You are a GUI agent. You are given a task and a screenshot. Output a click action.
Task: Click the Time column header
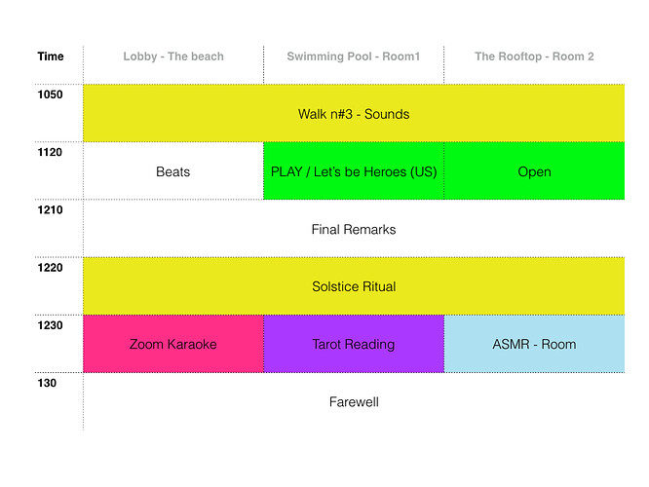pyautogui.click(x=51, y=56)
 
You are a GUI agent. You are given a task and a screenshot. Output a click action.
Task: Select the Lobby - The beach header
pyautogui.click(x=173, y=56)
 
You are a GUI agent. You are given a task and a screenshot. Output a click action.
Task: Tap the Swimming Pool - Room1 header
pyautogui.click(x=354, y=56)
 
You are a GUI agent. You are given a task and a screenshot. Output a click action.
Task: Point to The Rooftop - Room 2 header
pyautogui.click(x=534, y=56)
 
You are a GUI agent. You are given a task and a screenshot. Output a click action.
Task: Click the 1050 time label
pyautogui.click(x=50, y=94)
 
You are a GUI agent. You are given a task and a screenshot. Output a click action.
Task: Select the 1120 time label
pyautogui.click(x=50, y=152)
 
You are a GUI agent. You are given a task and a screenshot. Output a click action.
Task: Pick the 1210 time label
pyautogui.click(x=50, y=209)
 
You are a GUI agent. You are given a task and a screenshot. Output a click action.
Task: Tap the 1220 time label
pyautogui.click(x=50, y=268)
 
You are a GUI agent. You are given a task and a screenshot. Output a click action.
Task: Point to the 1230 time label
pyautogui.click(x=50, y=325)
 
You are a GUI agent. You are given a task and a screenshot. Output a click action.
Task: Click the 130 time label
pyautogui.click(x=47, y=383)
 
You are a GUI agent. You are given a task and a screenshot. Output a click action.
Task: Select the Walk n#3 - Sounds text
pyautogui.click(x=354, y=114)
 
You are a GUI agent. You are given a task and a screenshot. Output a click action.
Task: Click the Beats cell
pyautogui.click(x=173, y=170)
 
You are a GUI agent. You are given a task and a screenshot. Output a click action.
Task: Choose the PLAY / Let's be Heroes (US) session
pyautogui.click(x=354, y=170)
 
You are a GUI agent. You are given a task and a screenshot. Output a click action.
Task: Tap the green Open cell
pyautogui.click(x=534, y=170)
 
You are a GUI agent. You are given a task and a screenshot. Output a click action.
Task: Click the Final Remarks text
pyautogui.click(x=354, y=229)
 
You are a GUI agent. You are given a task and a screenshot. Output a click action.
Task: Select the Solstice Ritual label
pyautogui.click(x=354, y=286)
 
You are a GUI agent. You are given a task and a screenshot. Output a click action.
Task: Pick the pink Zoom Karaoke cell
pyautogui.click(x=173, y=344)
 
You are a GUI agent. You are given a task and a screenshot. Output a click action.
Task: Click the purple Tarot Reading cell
pyautogui.click(x=354, y=344)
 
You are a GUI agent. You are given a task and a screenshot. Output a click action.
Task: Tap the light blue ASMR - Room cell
pyautogui.click(x=534, y=344)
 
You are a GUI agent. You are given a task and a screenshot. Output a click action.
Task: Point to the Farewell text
pyautogui.click(x=354, y=401)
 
